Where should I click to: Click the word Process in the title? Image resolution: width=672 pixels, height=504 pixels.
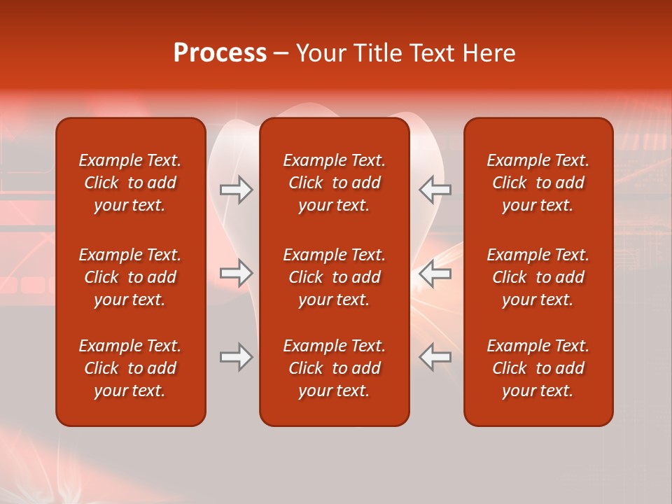[x=220, y=53]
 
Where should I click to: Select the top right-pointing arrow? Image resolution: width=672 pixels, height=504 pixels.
[x=237, y=190]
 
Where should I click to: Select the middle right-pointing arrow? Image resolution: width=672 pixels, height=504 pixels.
[x=237, y=274]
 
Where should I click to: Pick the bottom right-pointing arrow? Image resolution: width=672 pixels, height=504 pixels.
[x=237, y=357]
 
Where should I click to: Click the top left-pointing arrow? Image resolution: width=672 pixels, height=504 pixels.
[x=435, y=190]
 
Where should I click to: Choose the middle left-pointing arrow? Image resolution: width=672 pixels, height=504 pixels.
[x=435, y=274]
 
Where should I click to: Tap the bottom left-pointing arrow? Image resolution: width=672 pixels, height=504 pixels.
[x=435, y=357]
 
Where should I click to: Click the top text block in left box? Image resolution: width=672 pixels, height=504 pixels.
[x=130, y=183]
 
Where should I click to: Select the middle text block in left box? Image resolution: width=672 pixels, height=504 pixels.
[x=130, y=277]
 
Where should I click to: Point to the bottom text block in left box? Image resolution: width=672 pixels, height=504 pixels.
[x=130, y=368]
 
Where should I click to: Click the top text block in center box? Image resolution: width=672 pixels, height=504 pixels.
[x=334, y=183]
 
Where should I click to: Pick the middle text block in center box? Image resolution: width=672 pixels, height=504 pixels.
[x=334, y=277]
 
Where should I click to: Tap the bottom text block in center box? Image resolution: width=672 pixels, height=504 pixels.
[x=334, y=368]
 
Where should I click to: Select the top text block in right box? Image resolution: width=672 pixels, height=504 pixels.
[x=538, y=183]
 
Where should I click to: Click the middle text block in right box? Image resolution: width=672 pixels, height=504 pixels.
[x=538, y=277]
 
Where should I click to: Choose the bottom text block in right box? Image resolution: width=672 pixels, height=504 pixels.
[x=538, y=368]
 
